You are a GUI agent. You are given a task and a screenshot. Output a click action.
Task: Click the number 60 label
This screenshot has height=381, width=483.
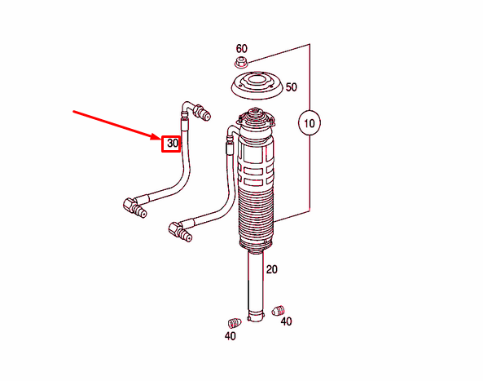241,49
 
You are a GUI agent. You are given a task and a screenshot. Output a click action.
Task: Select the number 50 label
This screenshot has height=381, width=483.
291,86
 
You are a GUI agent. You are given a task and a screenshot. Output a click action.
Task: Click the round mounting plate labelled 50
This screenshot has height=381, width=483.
252,86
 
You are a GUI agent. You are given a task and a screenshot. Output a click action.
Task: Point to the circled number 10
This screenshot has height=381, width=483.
309,124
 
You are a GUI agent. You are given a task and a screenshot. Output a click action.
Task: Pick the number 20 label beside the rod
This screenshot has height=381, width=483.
272,269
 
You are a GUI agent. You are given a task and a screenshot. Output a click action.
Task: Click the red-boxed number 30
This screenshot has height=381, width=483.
171,144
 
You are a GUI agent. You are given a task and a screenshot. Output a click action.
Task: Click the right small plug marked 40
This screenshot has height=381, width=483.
277,311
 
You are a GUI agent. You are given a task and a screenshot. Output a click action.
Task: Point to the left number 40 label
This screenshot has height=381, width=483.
231,335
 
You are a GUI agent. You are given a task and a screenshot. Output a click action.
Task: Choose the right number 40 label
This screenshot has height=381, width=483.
286,322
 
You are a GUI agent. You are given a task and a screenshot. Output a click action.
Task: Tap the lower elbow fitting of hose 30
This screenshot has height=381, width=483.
134,207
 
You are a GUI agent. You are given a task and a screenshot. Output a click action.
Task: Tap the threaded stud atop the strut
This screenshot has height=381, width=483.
254,109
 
